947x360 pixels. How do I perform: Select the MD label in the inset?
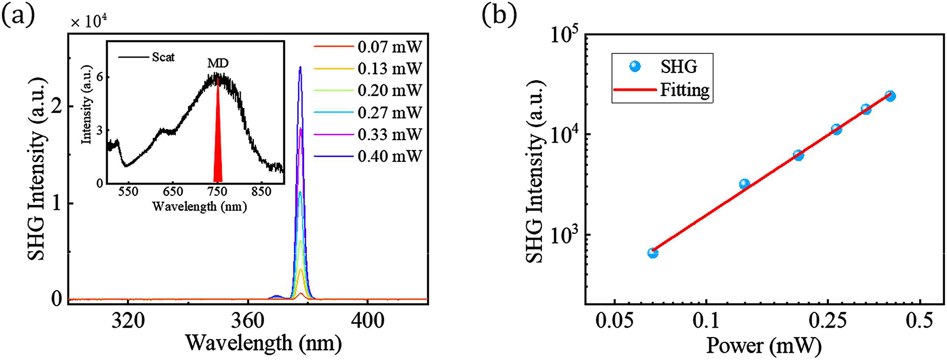217,64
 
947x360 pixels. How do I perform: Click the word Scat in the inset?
163,57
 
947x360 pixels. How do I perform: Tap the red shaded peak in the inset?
218,151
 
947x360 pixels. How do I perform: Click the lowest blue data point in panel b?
653,253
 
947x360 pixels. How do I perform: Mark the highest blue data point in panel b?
890,96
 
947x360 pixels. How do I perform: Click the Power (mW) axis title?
764,345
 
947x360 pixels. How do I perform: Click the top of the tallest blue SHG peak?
300,67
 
